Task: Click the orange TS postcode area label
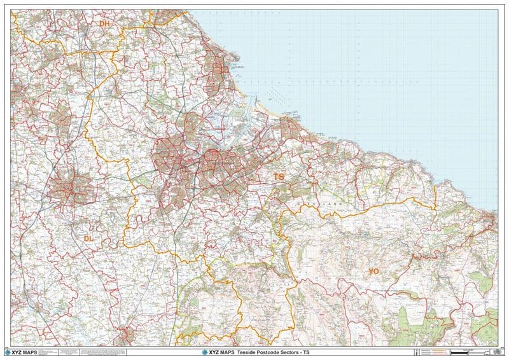(x=279, y=176)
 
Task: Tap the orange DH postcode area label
(x=104, y=24)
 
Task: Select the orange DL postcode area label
(x=89, y=239)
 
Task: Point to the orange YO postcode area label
(x=373, y=272)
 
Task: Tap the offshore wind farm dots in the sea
(x=274, y=95)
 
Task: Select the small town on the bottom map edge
(x=125, y=334)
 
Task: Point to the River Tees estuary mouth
(x=254, y=106)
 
